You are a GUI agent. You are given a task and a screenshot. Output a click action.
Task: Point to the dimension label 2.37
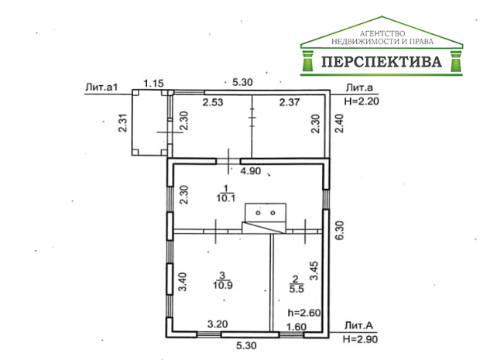click(290, 101)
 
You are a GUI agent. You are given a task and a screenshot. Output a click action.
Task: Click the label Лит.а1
click(101, 87)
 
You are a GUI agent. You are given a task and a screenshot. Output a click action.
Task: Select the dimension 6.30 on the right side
click(338, 229)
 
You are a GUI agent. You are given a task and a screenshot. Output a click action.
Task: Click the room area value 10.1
click(225, 198)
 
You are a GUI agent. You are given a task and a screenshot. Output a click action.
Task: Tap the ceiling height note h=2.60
click(303, 313)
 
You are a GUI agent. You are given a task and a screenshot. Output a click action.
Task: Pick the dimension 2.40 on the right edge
click(338, 124)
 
